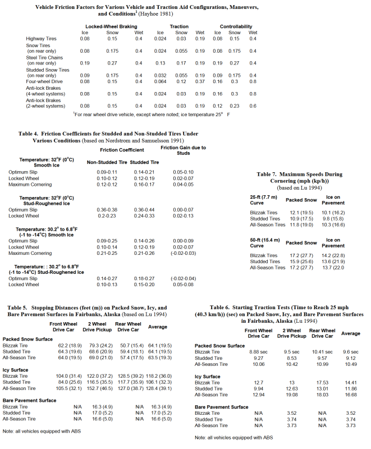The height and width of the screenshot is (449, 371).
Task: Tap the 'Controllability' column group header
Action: pyautogui.click(x=236, y=26)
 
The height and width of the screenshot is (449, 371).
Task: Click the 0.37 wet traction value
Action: pyautogui.click(x=200, y=81)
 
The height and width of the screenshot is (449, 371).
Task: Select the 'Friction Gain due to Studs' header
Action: pyautogui.click(x=184, y=150)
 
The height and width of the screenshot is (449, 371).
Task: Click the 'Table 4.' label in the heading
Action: pyautogui.click(x=29, y=134)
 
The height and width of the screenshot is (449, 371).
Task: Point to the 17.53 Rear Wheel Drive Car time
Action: pyautogui.click(x=321, y=383)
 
